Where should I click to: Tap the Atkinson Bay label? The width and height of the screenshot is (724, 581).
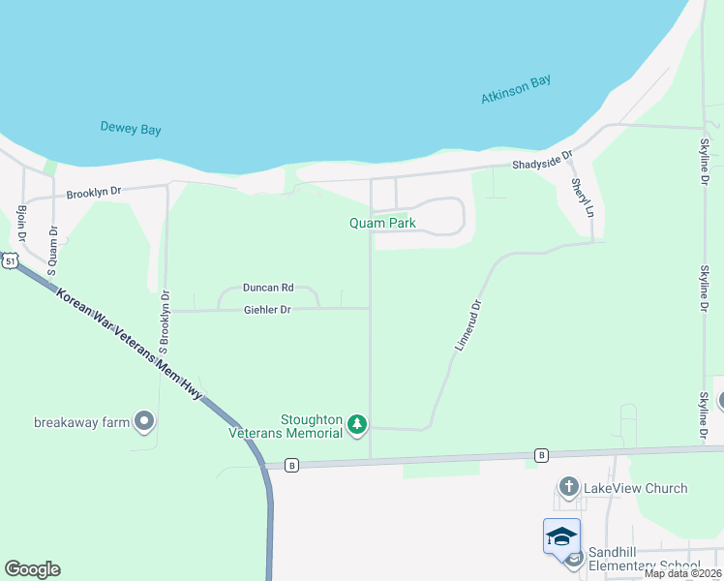[x=516, y=89]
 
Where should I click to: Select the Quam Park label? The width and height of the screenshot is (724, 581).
[x=382, y=223]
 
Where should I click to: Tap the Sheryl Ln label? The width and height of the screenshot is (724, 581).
[x=581, y=198]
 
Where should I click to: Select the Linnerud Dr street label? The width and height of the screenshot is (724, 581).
[x=468, y=324]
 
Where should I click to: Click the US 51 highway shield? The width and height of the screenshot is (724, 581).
[x=9, y=261]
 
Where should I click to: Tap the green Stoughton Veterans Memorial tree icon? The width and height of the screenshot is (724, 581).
[x=357, y=423]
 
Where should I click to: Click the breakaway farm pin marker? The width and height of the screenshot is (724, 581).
[x=145, y=421]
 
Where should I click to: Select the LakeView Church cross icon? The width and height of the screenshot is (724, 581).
[x=568, y=487]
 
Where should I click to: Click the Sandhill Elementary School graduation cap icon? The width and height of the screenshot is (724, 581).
[x=561, y=535]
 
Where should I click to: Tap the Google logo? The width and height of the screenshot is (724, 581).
[x=32, y=569]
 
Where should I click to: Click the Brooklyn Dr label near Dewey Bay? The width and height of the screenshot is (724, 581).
[x=94, y=193]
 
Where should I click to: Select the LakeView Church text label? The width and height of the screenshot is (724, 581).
[x=635, y=488]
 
